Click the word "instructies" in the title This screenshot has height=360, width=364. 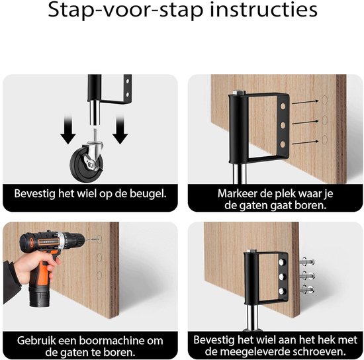263,10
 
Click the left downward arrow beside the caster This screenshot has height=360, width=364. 68,129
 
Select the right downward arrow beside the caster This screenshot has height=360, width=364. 120,129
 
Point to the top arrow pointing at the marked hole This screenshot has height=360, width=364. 305,102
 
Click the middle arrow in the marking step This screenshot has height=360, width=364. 305,122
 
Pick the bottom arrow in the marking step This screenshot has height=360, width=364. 305,142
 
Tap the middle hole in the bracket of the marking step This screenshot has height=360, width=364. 283,126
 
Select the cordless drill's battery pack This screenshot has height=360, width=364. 39,296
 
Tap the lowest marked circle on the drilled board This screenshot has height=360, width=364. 99,275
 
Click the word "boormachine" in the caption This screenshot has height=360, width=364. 111,341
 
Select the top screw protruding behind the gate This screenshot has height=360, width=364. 307,262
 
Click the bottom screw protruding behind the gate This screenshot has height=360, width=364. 307,289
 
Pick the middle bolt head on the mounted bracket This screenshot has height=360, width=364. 283,276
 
